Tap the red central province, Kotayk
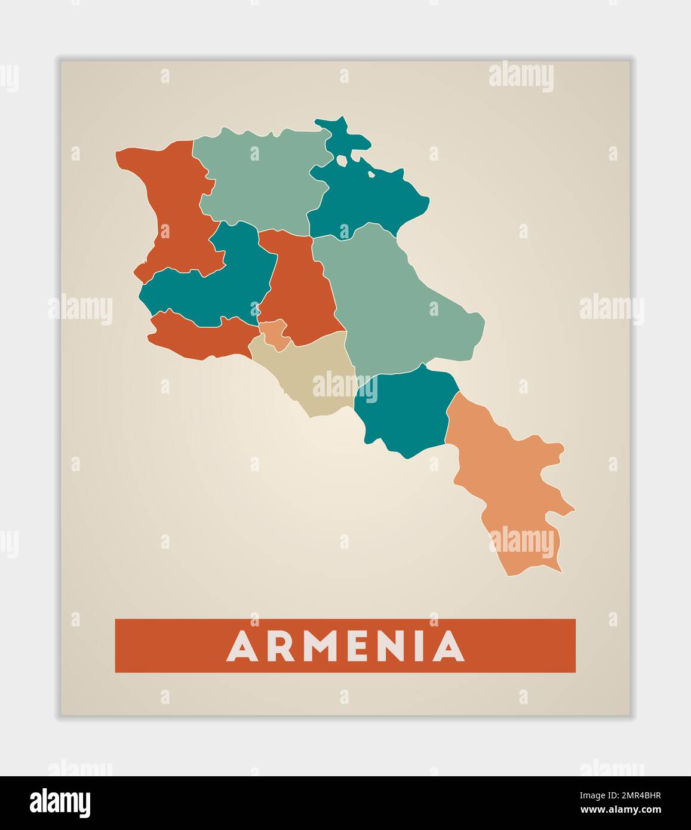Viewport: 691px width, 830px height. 299,287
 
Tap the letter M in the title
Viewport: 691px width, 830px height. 318,646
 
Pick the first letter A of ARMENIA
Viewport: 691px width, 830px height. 241,646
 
